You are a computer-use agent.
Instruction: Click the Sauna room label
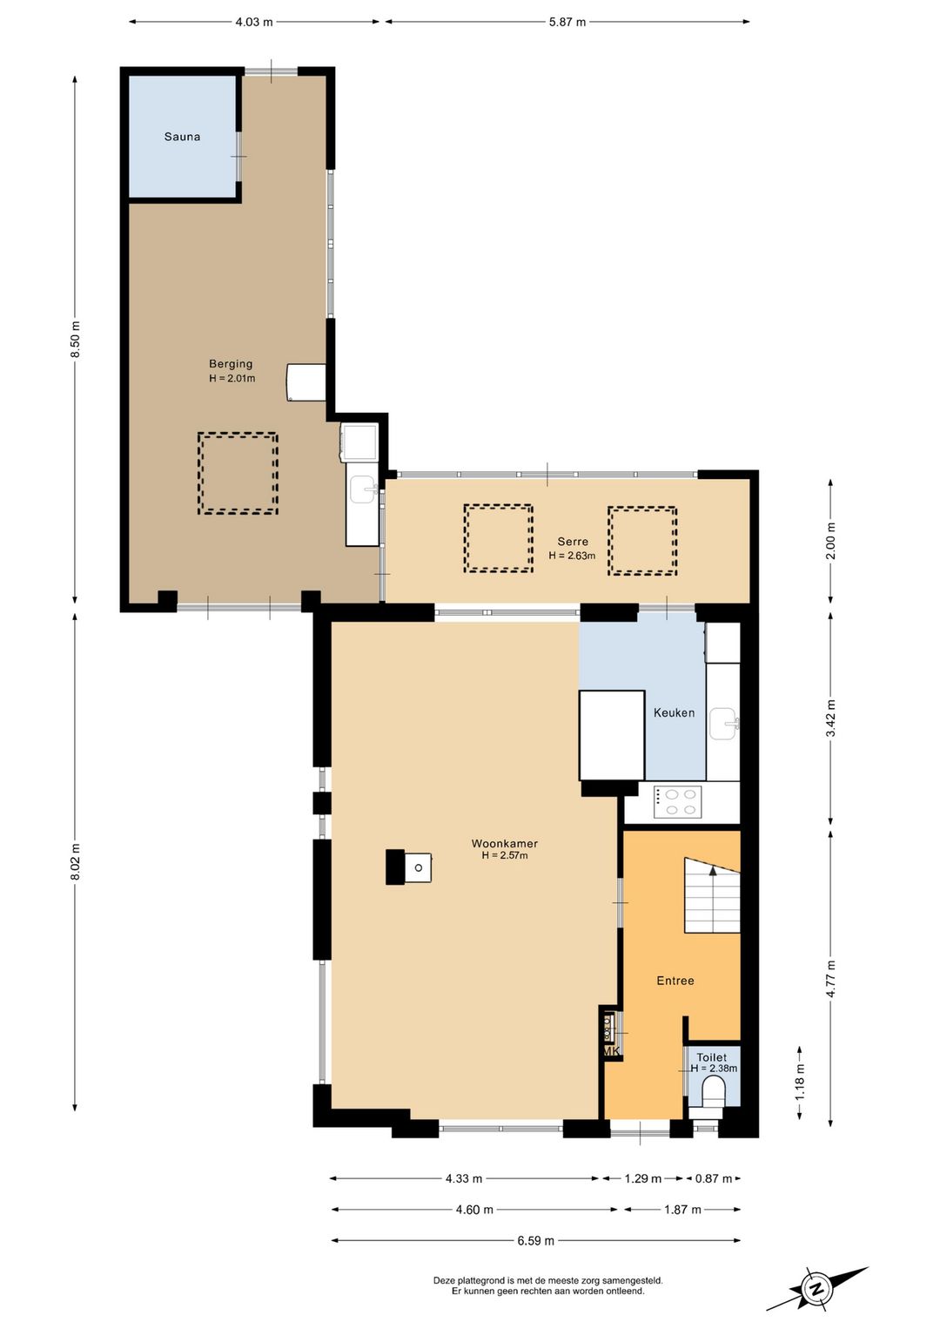[182, 137]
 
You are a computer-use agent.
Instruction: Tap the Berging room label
[231, 364]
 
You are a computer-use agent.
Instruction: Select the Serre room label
[573, 541]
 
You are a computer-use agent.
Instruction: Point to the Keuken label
[674, 712]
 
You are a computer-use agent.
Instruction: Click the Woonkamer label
[505, 843]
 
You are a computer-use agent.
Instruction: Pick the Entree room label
[675, 981]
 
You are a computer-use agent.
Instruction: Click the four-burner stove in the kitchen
[677, 801]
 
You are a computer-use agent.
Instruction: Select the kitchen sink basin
[724, 724]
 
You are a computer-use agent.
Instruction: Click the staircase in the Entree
[712, 895]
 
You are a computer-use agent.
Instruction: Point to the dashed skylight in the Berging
[238, 473]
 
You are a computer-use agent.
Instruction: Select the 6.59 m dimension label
[536, 1240]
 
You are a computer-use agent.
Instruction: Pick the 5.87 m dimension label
[567, 22]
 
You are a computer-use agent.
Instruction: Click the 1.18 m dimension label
[800, 1082]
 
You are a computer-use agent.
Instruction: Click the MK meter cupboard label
[612, 1050]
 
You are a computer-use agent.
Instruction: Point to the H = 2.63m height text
[572, 556]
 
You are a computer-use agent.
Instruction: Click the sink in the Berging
[362, 490]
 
